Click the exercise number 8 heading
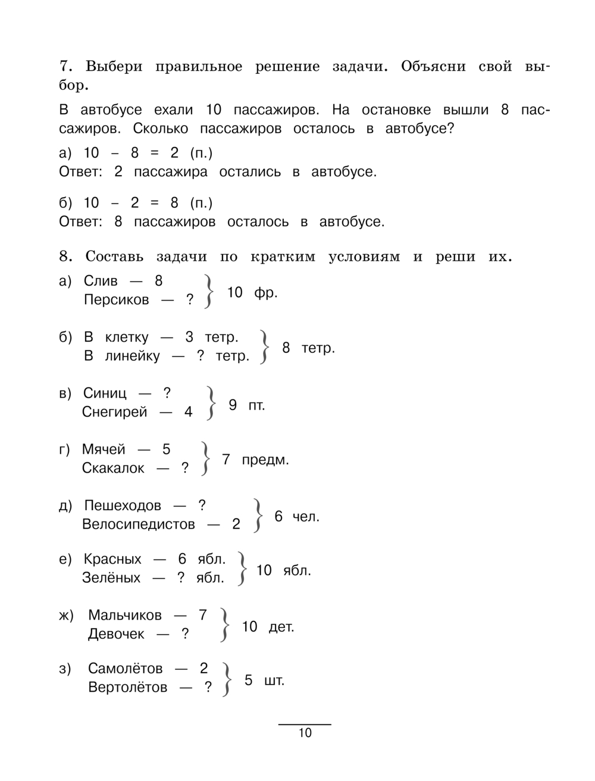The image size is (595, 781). pos(65,257)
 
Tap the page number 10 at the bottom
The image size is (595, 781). pos(305,733)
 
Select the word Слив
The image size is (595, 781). pos(101,281)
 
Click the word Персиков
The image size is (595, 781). pos(116,299)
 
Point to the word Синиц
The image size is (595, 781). pos(105,393)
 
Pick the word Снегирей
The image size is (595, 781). pos(114,412)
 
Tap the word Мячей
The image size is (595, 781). pos(104,449)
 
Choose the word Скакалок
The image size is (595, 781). pos(113,468)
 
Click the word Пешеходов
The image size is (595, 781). pos(123,505)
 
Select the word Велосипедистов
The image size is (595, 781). pos(139,524)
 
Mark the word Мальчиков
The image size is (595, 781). pos(125,615)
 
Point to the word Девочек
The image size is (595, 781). pos(116,634)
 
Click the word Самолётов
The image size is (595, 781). pos(126,668)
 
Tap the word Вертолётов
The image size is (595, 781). pos(128,688)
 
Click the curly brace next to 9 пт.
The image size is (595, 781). pos(210,403)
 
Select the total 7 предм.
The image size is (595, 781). pos(255,460)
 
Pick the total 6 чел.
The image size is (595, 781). pos(297,516)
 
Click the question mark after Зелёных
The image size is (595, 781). pos(181,577)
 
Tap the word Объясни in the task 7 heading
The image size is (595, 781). pos(433,66)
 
